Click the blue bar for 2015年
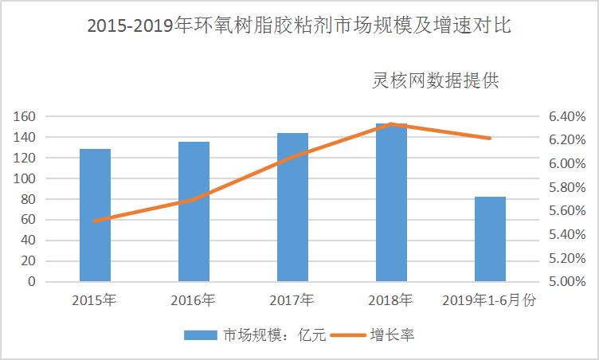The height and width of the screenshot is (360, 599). pyautogui.click(x=95, y=215)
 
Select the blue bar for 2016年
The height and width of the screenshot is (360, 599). pyautogui.click(x=194, y=212)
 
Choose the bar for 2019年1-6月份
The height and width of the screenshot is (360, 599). pyautogui.click(x=490, y=239)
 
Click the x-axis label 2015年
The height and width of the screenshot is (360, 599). pyautogui.click(x=94, y=300)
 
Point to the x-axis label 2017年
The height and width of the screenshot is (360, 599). pyautogui.click(x=292, y=300)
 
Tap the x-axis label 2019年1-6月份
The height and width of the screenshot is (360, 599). pyautogui.click(x=490, y=300)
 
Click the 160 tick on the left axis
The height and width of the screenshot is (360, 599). pyautogui.click(x=25, y=116)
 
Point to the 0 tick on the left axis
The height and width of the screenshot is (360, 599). pyautogui.click(x=32, y=281)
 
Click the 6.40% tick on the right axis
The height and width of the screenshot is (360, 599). pyautogui.click(x=567, y=116)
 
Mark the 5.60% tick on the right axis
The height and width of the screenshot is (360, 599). pyautogui.click(x=567, y=211)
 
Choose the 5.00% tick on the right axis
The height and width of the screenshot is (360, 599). pyautogui.click(x=567, y=281)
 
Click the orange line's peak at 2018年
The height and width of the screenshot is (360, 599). pyautogui.click(x=391, y=124)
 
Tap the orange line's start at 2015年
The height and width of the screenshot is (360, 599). pyautogui.click(x=95, y=221)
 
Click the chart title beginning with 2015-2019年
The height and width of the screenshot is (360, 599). pyautogui.click(x=299, y=26)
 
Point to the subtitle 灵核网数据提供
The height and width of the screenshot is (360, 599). pyautogui.click(x=435, y=80)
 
